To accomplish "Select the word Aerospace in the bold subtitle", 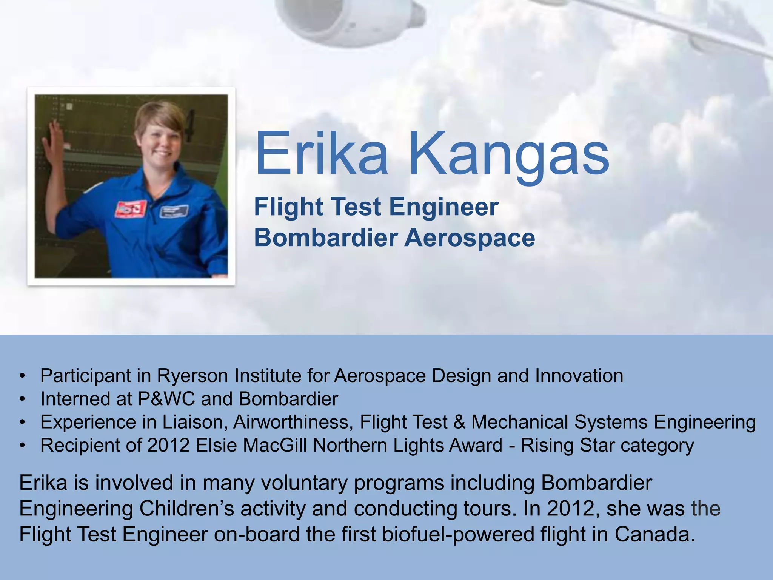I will (x=470, y=238).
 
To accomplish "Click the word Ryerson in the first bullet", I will (x=192, y=376).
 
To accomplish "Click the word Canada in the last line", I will (x=654, y=535).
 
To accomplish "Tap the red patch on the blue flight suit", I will (x=130, y=209).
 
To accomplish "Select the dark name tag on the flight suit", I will (x=174, y=211).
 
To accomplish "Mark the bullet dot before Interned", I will (x=23, y=400).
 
